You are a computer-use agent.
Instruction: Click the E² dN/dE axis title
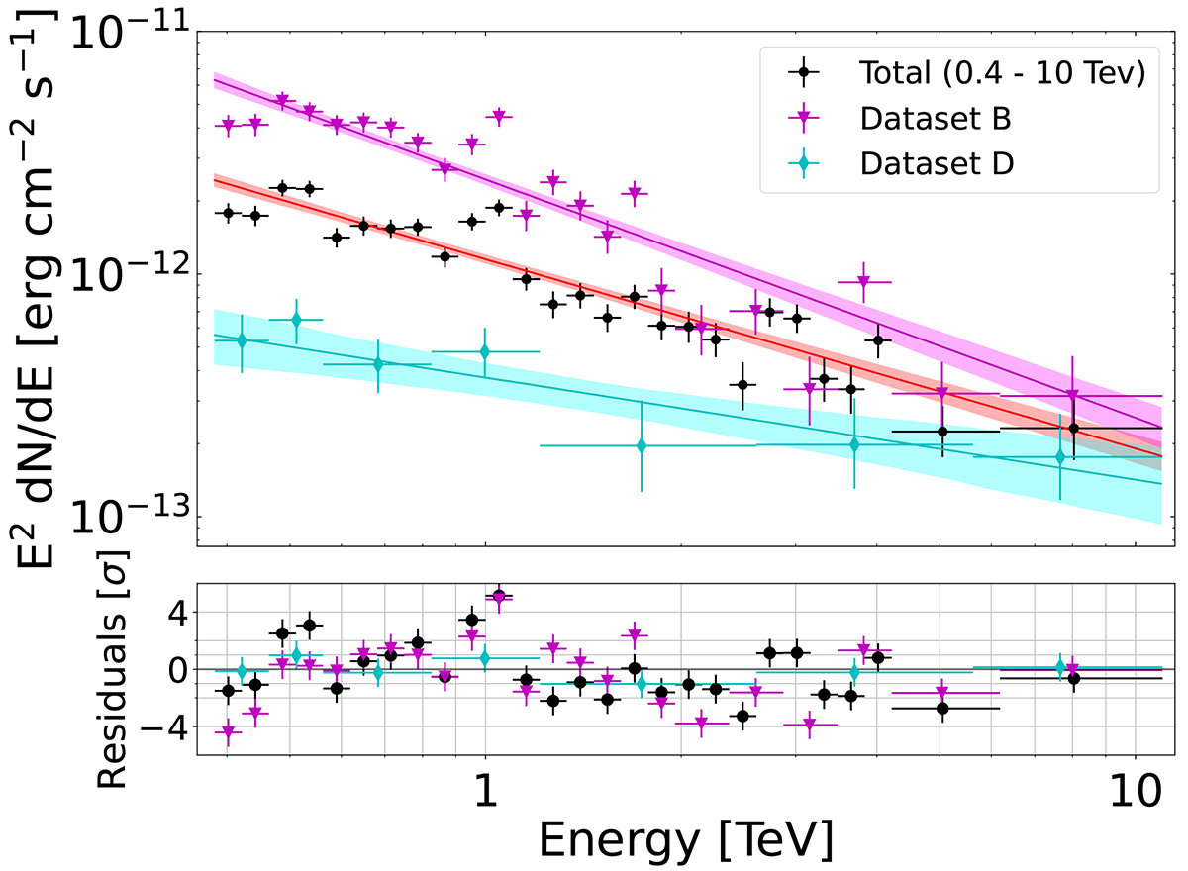click(x=40, y=287)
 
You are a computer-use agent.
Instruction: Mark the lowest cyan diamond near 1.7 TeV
click(x=642, y=445)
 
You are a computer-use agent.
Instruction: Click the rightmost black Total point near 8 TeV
click(x=1073, y=428)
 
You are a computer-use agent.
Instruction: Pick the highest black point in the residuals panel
click(x=499, y=596)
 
